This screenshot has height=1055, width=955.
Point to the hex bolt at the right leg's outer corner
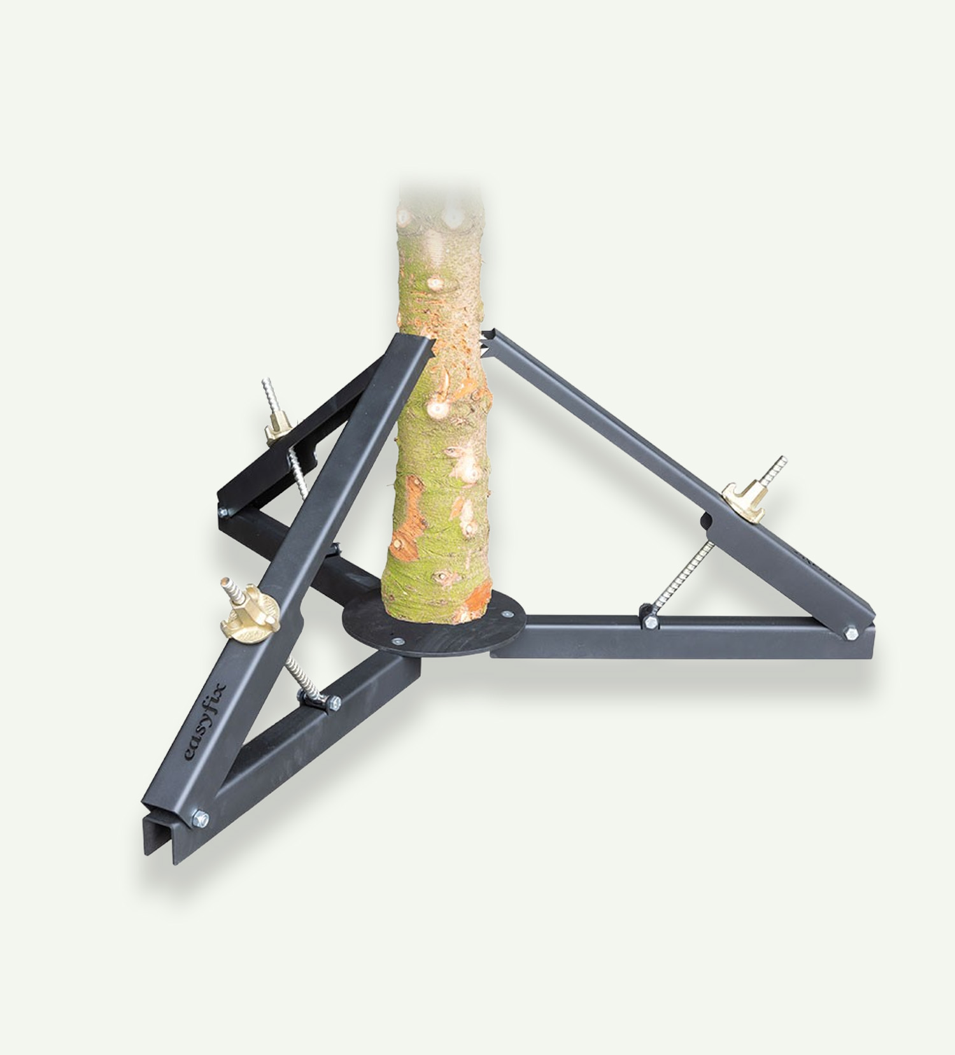pos(851,632)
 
